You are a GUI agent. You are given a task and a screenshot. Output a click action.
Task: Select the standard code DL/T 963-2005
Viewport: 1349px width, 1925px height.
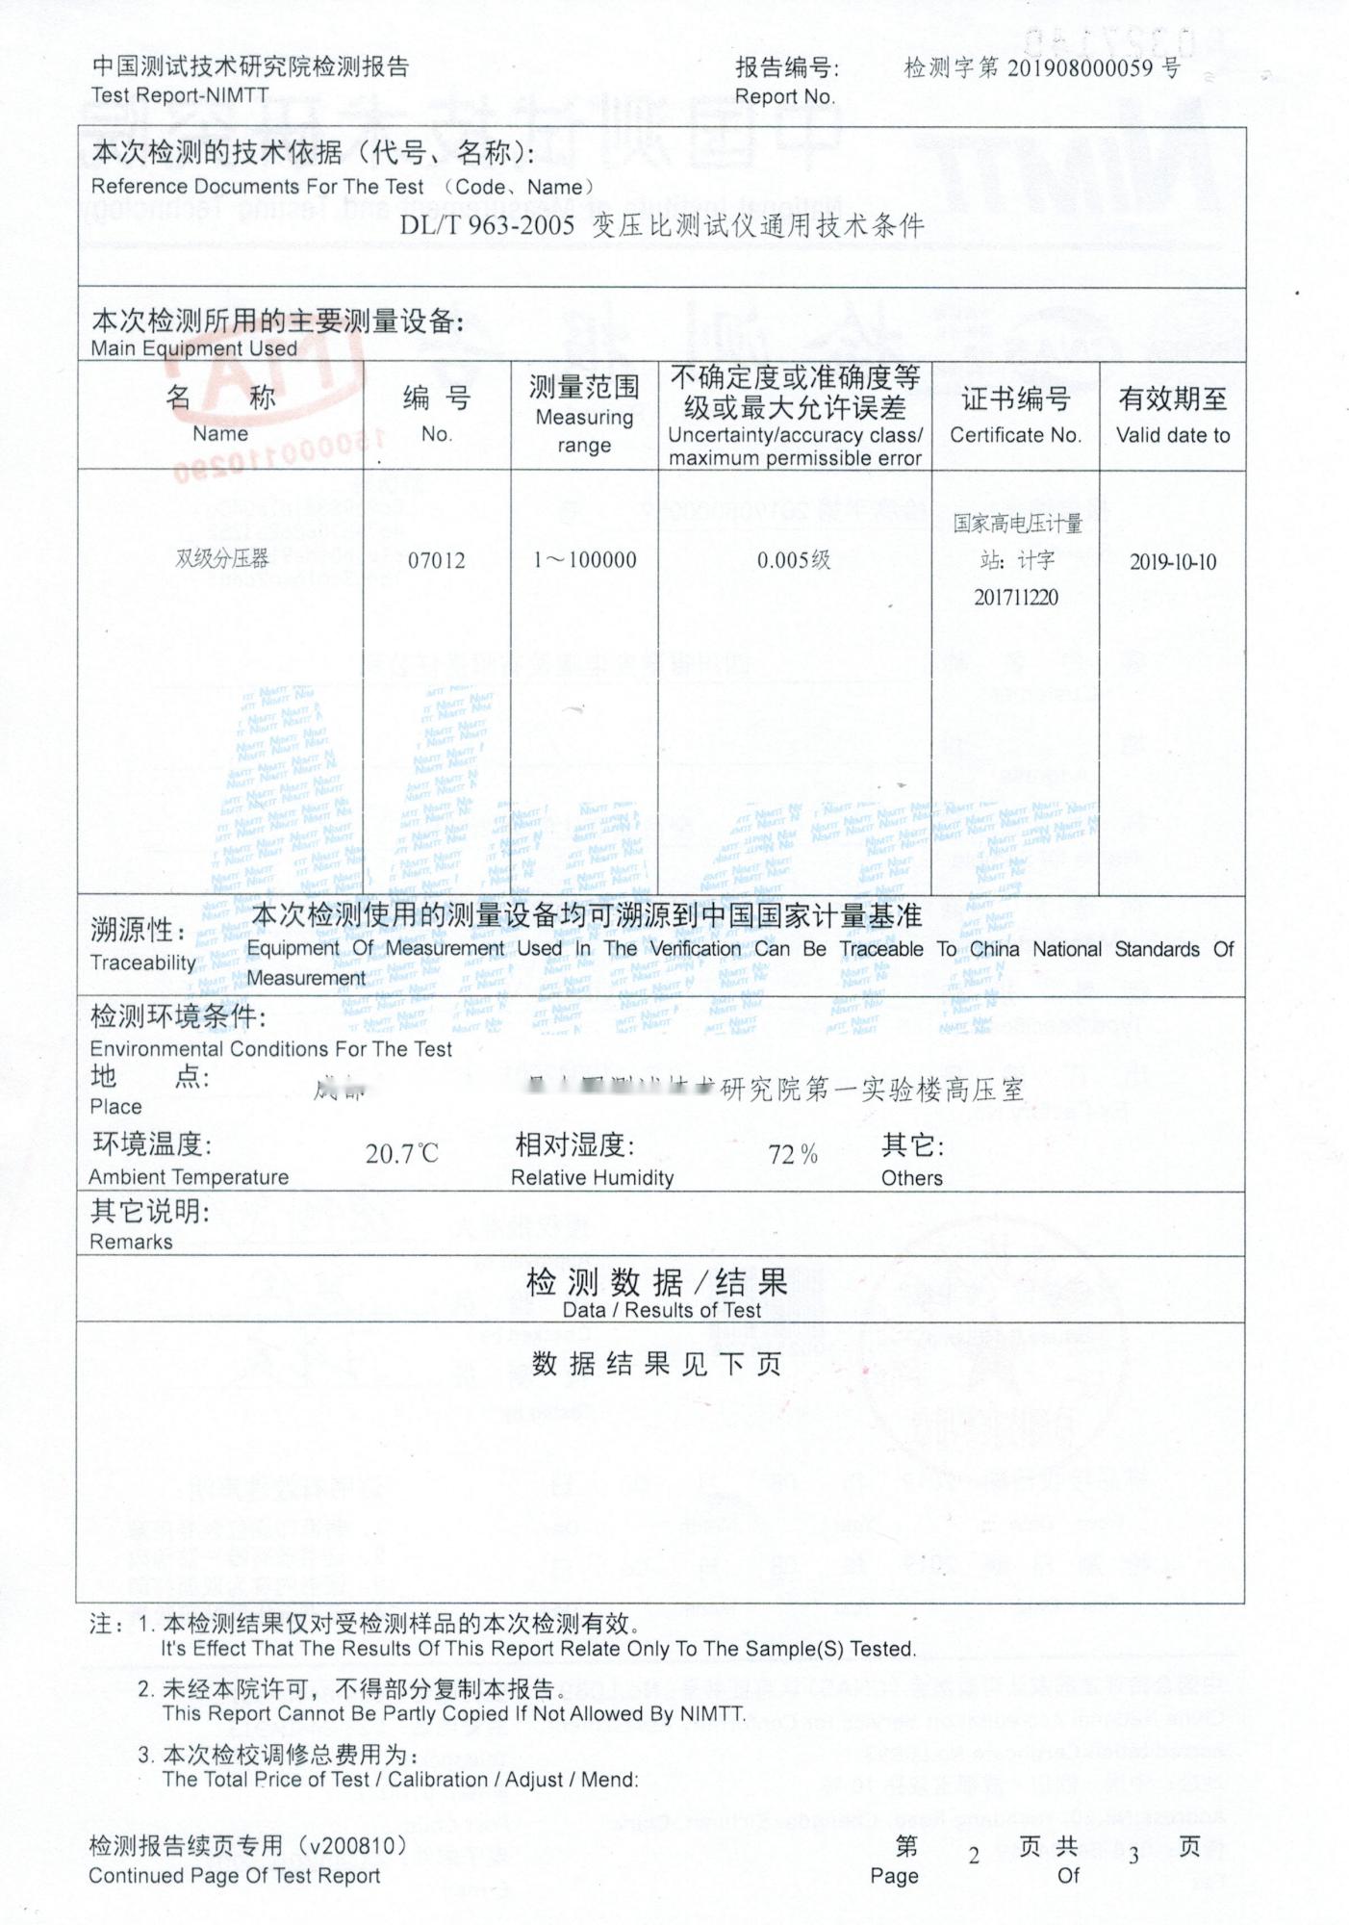488,226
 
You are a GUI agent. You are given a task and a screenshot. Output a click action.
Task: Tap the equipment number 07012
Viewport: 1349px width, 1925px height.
436,560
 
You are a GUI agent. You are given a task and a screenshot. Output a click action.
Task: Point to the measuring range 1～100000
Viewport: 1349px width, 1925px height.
584,560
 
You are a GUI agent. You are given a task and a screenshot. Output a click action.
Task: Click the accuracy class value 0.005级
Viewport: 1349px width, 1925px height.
794,560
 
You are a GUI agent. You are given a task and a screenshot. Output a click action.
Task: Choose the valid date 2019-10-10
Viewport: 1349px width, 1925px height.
1172,562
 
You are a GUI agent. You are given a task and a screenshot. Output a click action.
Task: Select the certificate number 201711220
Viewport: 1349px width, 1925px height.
1015,598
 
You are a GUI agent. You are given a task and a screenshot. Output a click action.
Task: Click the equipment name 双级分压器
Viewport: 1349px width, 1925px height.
221,558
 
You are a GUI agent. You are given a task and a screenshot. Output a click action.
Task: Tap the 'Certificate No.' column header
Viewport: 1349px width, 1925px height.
1015,435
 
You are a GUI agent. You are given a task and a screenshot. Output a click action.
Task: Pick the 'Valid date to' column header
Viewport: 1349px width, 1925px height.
1172,435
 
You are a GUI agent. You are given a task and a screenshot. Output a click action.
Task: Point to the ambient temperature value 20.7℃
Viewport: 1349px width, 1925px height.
401,1153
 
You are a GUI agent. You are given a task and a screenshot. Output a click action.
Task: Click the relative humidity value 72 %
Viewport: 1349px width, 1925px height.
793,1154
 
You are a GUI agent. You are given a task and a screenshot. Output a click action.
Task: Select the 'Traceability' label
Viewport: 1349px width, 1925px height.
142,962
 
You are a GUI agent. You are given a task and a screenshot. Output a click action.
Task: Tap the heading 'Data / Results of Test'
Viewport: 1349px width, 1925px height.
661,1310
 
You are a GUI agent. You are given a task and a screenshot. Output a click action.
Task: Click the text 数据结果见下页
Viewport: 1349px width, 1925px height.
657,1364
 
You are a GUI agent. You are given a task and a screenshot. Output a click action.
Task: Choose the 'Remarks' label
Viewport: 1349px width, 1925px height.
131,1242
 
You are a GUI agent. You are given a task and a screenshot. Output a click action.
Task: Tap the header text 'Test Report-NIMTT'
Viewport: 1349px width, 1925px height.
180,95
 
